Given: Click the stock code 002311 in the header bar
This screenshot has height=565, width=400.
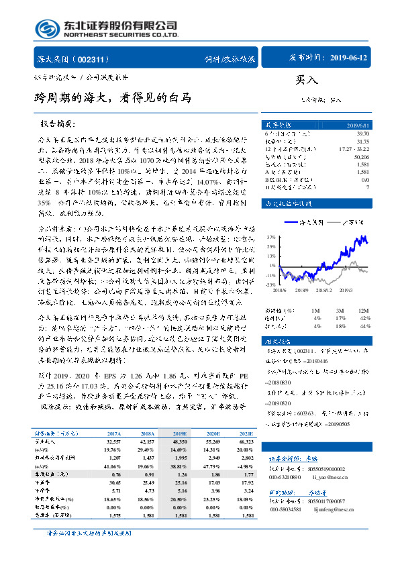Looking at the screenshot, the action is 98,60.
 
